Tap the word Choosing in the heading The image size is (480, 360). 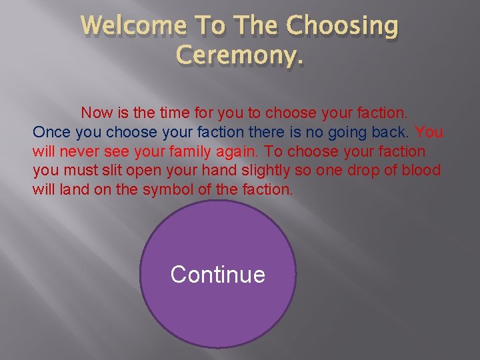(342, 27)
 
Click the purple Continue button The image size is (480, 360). (217, 275)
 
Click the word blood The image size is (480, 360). (421, 171)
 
